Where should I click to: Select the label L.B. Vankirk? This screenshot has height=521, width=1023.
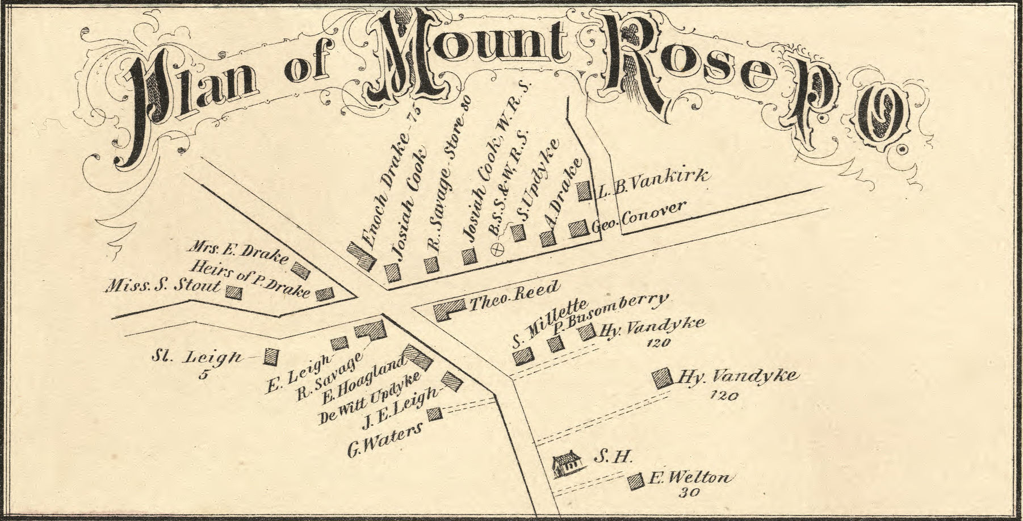coord(653,182)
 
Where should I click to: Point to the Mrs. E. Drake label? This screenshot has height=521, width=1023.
coord(238,254)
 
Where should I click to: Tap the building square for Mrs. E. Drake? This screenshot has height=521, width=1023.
coord(301,268)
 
